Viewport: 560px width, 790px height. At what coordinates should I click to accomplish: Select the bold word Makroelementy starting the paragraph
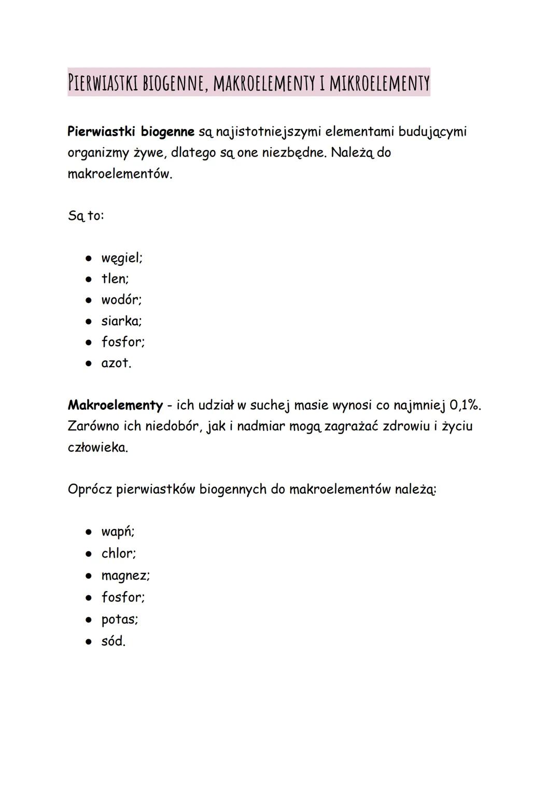[x=115, y=405]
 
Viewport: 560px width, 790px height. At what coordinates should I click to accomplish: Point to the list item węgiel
[x=121, y=258]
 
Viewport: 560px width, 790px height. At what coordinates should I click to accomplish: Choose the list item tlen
[x=115, y=279]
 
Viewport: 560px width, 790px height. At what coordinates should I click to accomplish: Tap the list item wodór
[x=121, y=300]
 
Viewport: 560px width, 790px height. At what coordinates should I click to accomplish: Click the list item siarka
[x=121, y=321]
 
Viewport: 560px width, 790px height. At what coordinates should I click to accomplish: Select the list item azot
[x=116, y=363]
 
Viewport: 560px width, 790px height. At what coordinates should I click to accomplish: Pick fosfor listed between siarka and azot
[x=122, y=342]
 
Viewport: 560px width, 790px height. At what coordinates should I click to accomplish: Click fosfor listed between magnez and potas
[x=122, y=597]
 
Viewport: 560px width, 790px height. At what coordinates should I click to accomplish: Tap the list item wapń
[x=117, y=532]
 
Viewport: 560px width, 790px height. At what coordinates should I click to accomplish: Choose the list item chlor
[x=118, y=553]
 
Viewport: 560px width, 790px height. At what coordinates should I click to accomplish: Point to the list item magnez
[x=125, y=576]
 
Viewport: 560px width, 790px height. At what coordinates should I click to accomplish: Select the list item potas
[x=119, y=620]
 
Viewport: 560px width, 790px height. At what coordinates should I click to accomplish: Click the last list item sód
[x=113, y=641]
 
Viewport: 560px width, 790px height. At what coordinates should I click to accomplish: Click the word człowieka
[x=97, y=448]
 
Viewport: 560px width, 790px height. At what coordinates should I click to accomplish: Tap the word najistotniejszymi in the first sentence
[x=268, y=132]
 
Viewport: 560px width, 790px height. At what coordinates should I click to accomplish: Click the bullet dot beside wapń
[x=89, y=532]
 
